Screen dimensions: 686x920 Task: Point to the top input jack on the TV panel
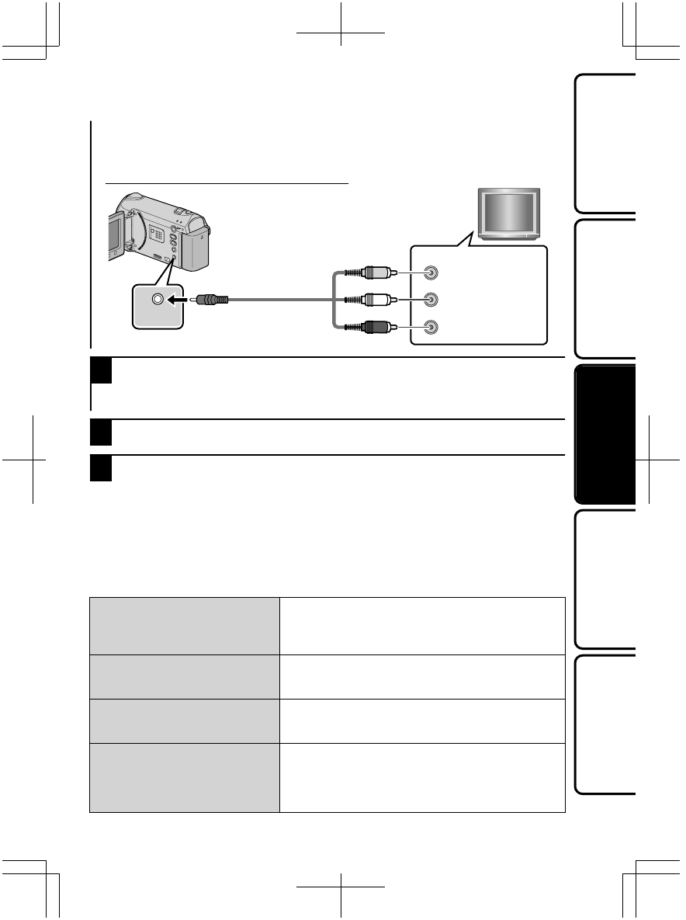(x=432, y=273)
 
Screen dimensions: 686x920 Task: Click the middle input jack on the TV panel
(x=432, y=300)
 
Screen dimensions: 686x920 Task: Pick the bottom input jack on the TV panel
(x=432, y=327)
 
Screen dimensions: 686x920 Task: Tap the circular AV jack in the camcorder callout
(x=158, y=300)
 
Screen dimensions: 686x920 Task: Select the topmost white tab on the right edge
(x=605, y=142)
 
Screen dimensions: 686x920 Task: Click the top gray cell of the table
(x=184, y=626)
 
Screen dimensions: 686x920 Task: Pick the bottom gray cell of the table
(x=184, y=778)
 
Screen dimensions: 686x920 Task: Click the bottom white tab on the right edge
(x=605, y=724)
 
